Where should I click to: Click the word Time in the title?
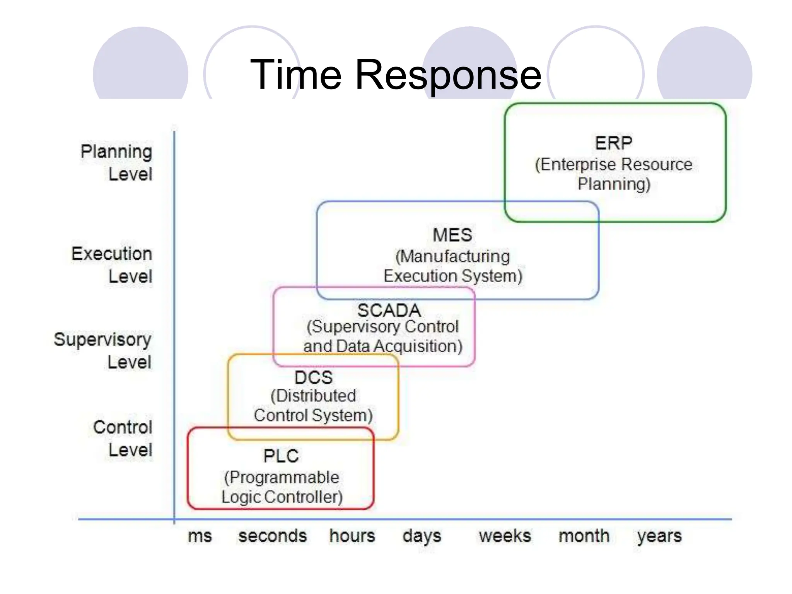coord(296,74)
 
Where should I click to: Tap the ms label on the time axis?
coord(200,536)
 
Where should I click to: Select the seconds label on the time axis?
coord(273,536)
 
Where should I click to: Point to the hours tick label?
coord(352,536)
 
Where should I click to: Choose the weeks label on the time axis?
coord(505,536)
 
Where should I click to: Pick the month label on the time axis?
coord(584,536)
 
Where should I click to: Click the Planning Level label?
coord(116,163)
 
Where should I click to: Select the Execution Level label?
coord(112,265)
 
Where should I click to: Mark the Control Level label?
coord(123,439)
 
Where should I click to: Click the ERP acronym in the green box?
coord(614,143)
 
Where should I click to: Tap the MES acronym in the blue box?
coord(452,235)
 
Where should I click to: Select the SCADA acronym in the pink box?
coord(389,311)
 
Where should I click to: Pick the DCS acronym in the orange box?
coord(314,377)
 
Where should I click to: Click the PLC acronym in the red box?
coord(281,456)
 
